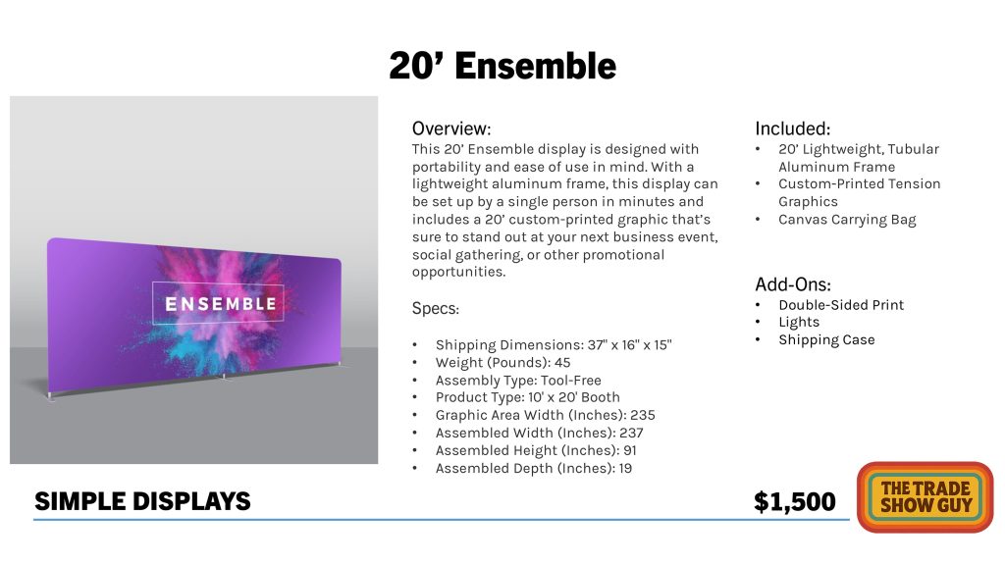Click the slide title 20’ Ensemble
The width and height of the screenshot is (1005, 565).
(502, 66)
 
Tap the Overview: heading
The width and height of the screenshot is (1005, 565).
(451, 128)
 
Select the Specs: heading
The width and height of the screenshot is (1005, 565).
(435, 309)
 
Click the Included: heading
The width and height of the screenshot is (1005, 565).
(792, 128)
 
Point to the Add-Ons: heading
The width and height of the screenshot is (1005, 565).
(793, 284)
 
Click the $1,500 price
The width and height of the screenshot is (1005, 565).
(795, 501)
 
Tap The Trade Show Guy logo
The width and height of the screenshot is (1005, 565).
(926, 497)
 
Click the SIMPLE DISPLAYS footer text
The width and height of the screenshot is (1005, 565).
(142, 501)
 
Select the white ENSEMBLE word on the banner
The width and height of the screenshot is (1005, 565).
(221, 304)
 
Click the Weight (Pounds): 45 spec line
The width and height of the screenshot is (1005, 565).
(503, 363)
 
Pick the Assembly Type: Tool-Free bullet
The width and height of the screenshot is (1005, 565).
(518, 381)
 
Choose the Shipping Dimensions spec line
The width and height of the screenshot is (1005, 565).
(554, 344)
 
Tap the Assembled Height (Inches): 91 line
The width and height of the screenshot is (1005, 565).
(536, 451)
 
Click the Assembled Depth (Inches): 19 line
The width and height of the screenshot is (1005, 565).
(534, 468)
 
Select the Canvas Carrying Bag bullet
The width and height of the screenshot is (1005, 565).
(847, 220)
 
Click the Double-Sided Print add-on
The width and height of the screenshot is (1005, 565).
(841, 305)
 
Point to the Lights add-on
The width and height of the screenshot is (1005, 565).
(799, 322)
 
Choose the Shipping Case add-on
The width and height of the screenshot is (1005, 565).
(826, 340)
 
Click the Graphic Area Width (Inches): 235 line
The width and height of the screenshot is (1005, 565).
(546, 416)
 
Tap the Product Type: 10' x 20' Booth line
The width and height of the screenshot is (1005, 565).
(527, 397)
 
